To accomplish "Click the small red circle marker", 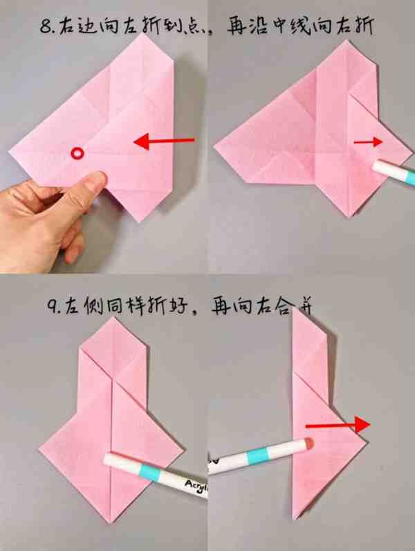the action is pyautogui.click(x=77, y=153).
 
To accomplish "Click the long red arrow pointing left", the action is pyautogui.click(x=164, y=141).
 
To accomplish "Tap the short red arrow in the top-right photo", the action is pyautogui.click(x=368, y=142).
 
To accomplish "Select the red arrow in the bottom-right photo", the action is pyautogui.click(x=338, y=425).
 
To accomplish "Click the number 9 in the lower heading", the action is pyautogui.click(x=53, y=307).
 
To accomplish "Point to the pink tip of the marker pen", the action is pyautogui.click(x=308, y=444).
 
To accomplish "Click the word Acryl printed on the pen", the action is pyautogui.click(x=196, y=486).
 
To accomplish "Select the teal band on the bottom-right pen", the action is pyautogui.click(x=259, y=456).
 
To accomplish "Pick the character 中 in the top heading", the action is pyautogui.click(x=280, y=26).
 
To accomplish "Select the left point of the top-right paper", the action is pyautogui.click(x=215, y=146).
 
